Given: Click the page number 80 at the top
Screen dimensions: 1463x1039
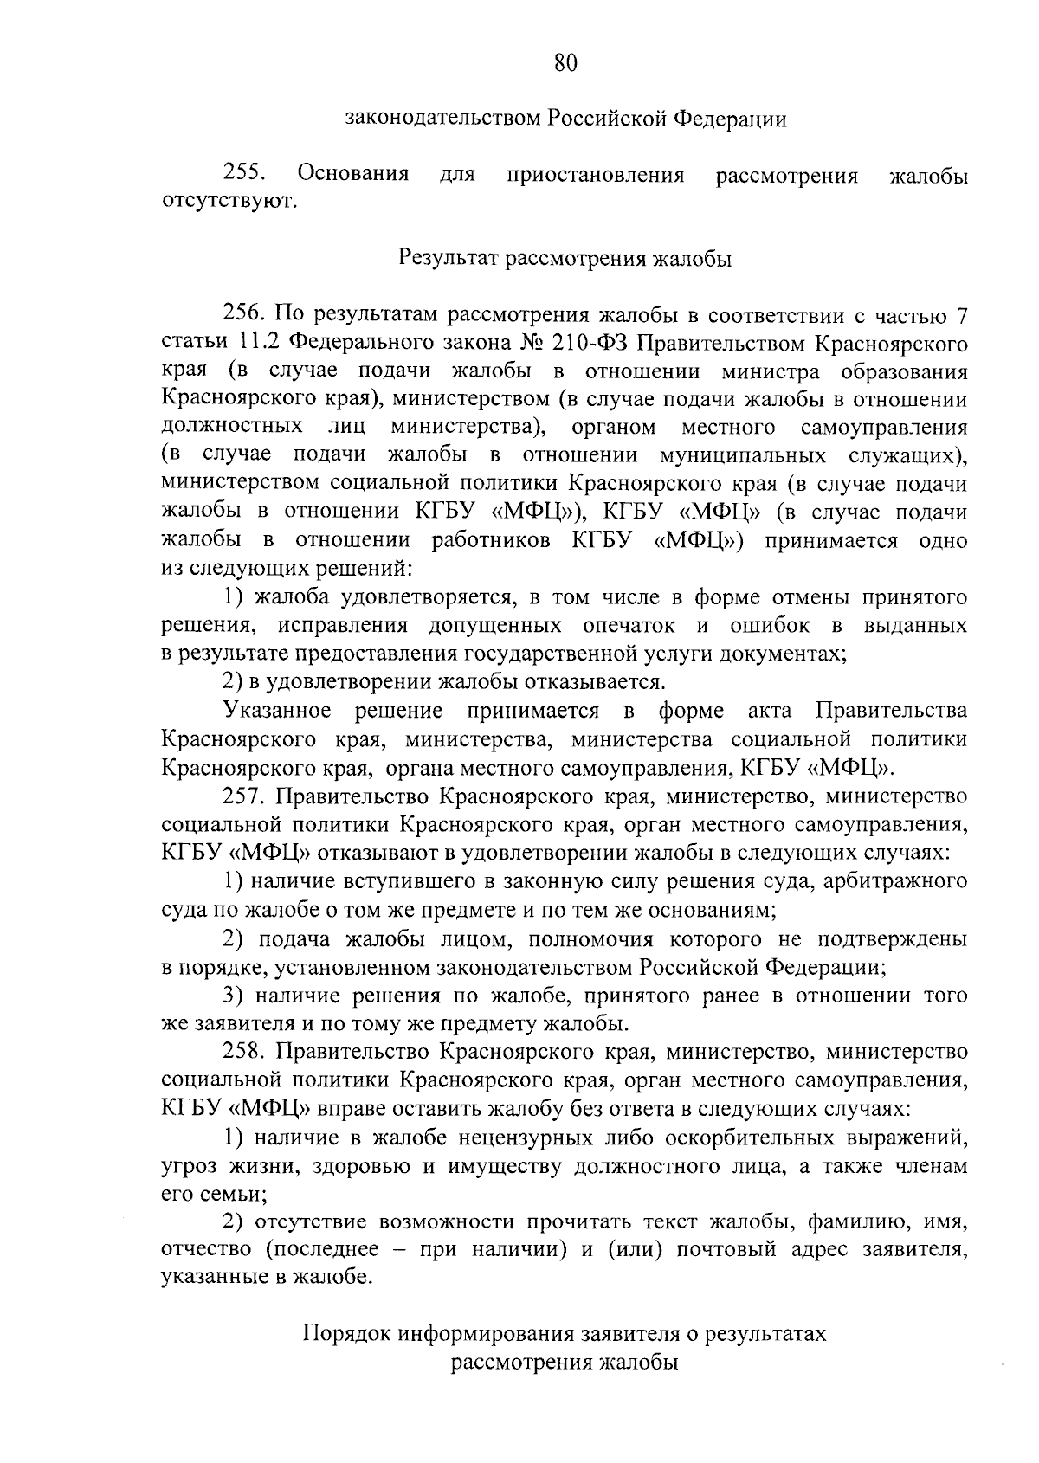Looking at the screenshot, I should pyautogui.click(x=563, y=62).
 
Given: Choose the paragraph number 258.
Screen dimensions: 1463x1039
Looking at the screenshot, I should pyautogui.click(x=245, y=1053).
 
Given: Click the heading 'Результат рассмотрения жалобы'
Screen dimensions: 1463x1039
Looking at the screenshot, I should pyautogui.click(x=565, y=259).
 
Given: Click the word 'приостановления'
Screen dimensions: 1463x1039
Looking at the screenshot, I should pyautogui.click(x=596, y=176).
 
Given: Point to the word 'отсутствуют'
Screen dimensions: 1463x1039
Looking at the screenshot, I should pyautogui.click(x=228, y=203).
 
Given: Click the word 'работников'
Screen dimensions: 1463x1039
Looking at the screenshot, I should pyautogui.click(x=490, y=542).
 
